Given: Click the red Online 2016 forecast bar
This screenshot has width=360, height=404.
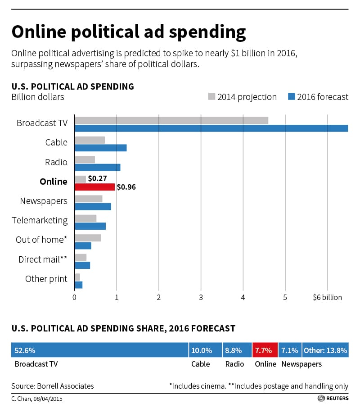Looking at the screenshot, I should coord(94,187).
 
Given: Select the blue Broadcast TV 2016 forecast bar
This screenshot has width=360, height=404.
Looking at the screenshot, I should coord(211,128).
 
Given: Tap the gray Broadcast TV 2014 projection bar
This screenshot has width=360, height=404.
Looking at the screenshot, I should coord(171,120).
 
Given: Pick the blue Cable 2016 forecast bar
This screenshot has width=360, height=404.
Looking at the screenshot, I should coord(100,148).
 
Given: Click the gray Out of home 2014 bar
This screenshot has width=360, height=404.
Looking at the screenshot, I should coord(88,238).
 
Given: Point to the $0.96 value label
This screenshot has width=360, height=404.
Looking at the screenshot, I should coord(126,187).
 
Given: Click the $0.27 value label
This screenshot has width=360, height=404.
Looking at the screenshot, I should coord(97,179).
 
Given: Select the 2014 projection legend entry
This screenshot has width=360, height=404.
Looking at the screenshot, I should coord(242,97).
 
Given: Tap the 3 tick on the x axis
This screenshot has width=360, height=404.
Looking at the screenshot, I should coord(201,297).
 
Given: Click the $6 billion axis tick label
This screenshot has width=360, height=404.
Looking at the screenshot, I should coord(327,297).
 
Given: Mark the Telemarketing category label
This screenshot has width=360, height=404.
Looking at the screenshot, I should coord(40,220).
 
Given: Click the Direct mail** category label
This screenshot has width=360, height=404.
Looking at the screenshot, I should coord(43,259).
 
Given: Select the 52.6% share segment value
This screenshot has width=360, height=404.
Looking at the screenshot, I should coord(25,350).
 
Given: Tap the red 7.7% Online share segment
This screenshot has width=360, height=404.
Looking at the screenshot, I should coord(265,350).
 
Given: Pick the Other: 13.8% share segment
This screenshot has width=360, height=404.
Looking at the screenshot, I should coord(325,350).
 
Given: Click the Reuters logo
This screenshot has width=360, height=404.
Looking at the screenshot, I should coord(333,398).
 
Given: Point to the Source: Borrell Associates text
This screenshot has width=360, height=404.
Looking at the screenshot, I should coord(53,386).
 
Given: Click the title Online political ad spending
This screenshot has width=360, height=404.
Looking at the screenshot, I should coord(129,32).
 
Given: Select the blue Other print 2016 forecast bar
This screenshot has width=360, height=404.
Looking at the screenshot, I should coord(78,285).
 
